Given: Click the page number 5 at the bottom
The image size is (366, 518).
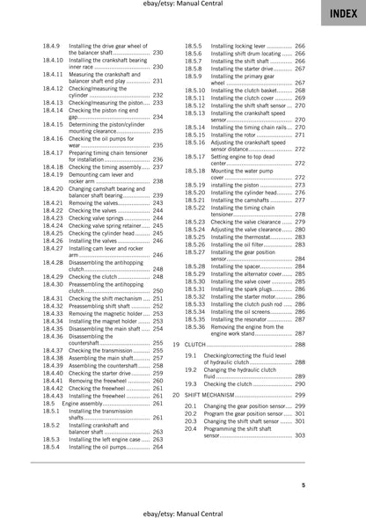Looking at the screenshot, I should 326,485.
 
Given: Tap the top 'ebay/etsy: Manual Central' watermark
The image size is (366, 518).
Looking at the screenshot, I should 182,6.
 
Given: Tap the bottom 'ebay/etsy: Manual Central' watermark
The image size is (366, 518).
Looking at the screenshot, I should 182,511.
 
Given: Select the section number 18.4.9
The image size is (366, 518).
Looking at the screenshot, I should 53,43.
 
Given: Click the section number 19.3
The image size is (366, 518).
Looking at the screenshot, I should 191,383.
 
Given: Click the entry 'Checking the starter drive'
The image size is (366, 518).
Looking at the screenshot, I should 101,372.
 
